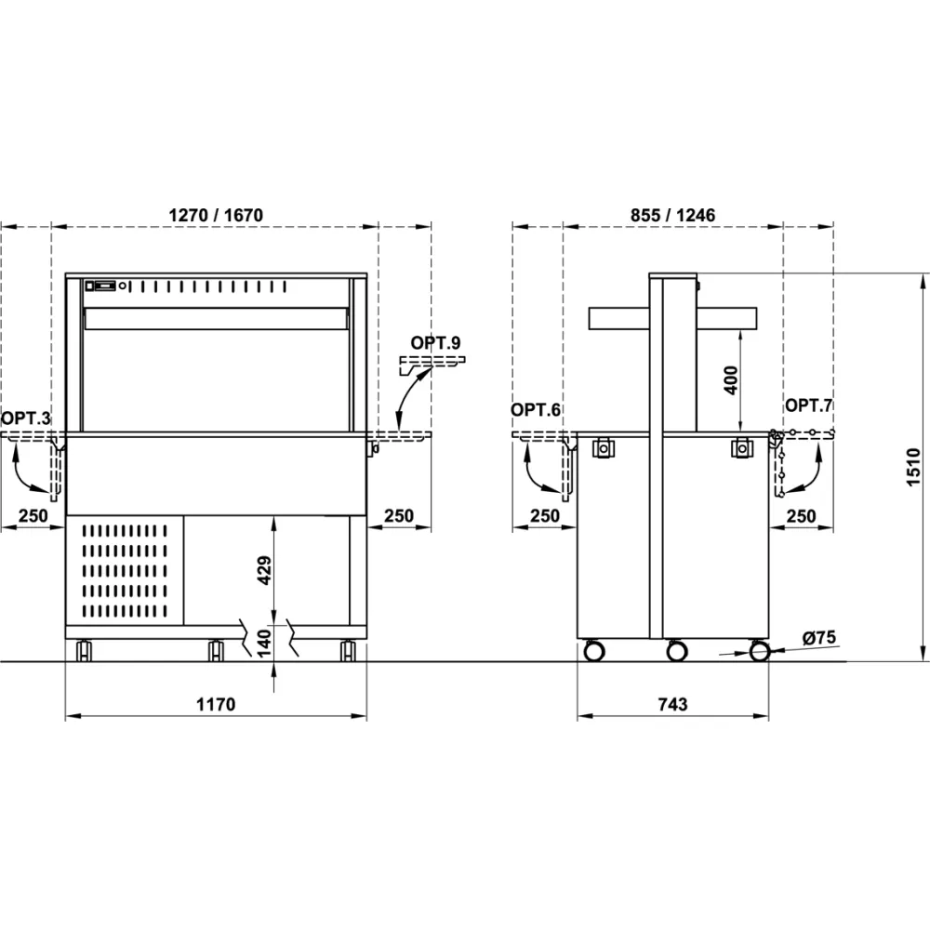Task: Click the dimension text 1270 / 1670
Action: [x=216, y=215]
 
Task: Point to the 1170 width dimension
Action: [x=216, y=704]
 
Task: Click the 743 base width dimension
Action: [x=672, y=704]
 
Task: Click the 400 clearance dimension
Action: [x=731, y=379]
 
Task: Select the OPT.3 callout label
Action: [x=25, y=419]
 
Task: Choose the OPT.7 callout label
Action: [x=809, y=405]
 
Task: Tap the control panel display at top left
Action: [x=103, y=286]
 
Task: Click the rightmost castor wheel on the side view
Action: [x=760, y=651]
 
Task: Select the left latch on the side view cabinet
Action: [x=604, y=448]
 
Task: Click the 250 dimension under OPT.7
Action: [x=802, y=515]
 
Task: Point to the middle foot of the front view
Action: [x=217, y=649]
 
